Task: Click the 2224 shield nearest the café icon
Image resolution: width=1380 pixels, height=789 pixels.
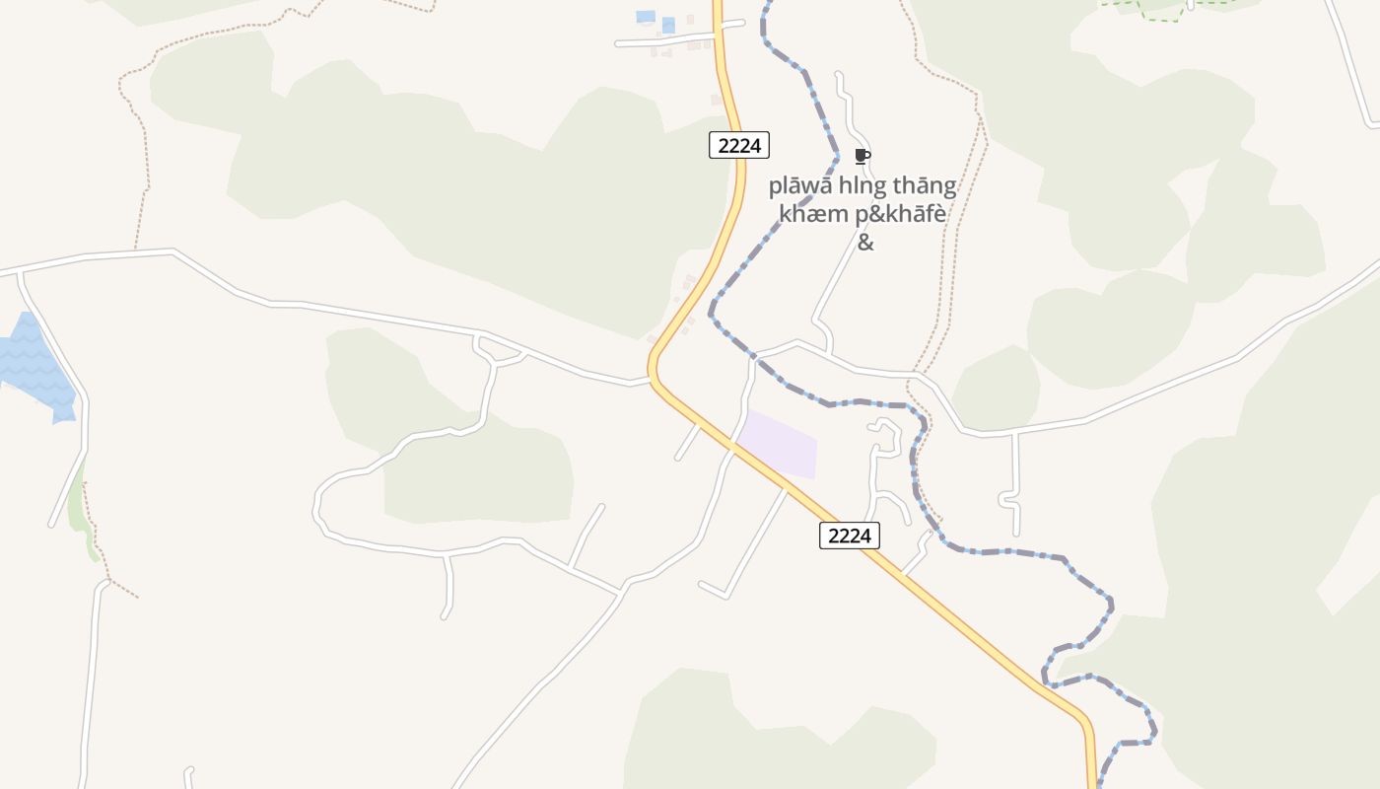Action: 738,145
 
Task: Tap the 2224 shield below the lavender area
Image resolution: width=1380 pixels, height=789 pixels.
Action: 849,536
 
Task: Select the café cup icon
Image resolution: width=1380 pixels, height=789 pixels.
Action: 862,156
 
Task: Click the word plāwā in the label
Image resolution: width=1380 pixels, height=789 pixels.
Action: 799,186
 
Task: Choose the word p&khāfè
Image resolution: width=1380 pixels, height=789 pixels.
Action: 892,214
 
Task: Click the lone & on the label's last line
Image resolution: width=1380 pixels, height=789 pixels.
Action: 864,242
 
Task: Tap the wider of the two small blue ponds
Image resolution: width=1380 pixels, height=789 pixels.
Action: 646,17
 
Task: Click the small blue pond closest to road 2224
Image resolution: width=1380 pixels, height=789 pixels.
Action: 668,25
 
